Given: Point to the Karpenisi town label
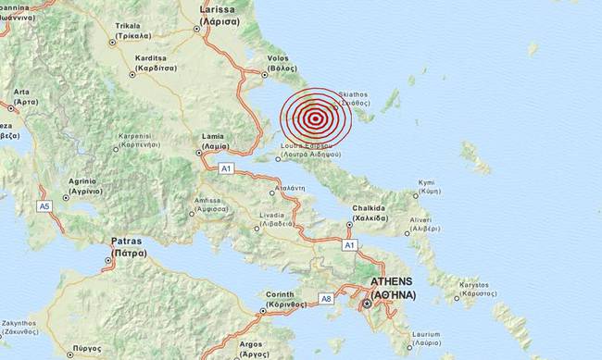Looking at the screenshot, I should (141, 141).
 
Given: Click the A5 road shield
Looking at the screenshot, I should (44, 205).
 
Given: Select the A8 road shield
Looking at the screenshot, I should (325, 299).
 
